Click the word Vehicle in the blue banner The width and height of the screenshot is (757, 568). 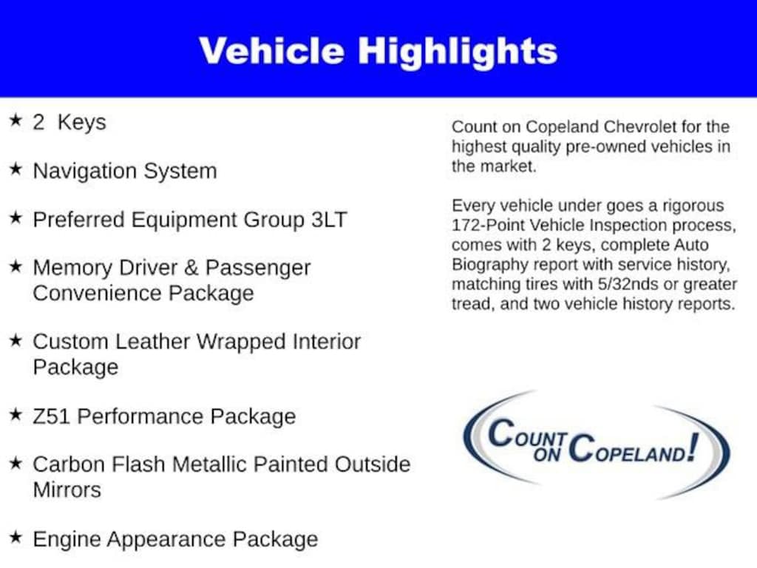271,51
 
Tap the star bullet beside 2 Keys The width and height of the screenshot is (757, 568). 16,121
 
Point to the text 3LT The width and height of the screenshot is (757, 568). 329,219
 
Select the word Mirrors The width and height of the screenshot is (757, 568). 67,490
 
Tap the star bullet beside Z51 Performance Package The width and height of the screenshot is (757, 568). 16,414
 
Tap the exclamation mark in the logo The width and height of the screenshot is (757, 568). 693,447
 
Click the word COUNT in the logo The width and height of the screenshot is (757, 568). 527,433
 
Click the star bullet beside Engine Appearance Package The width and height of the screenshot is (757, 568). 16,537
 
